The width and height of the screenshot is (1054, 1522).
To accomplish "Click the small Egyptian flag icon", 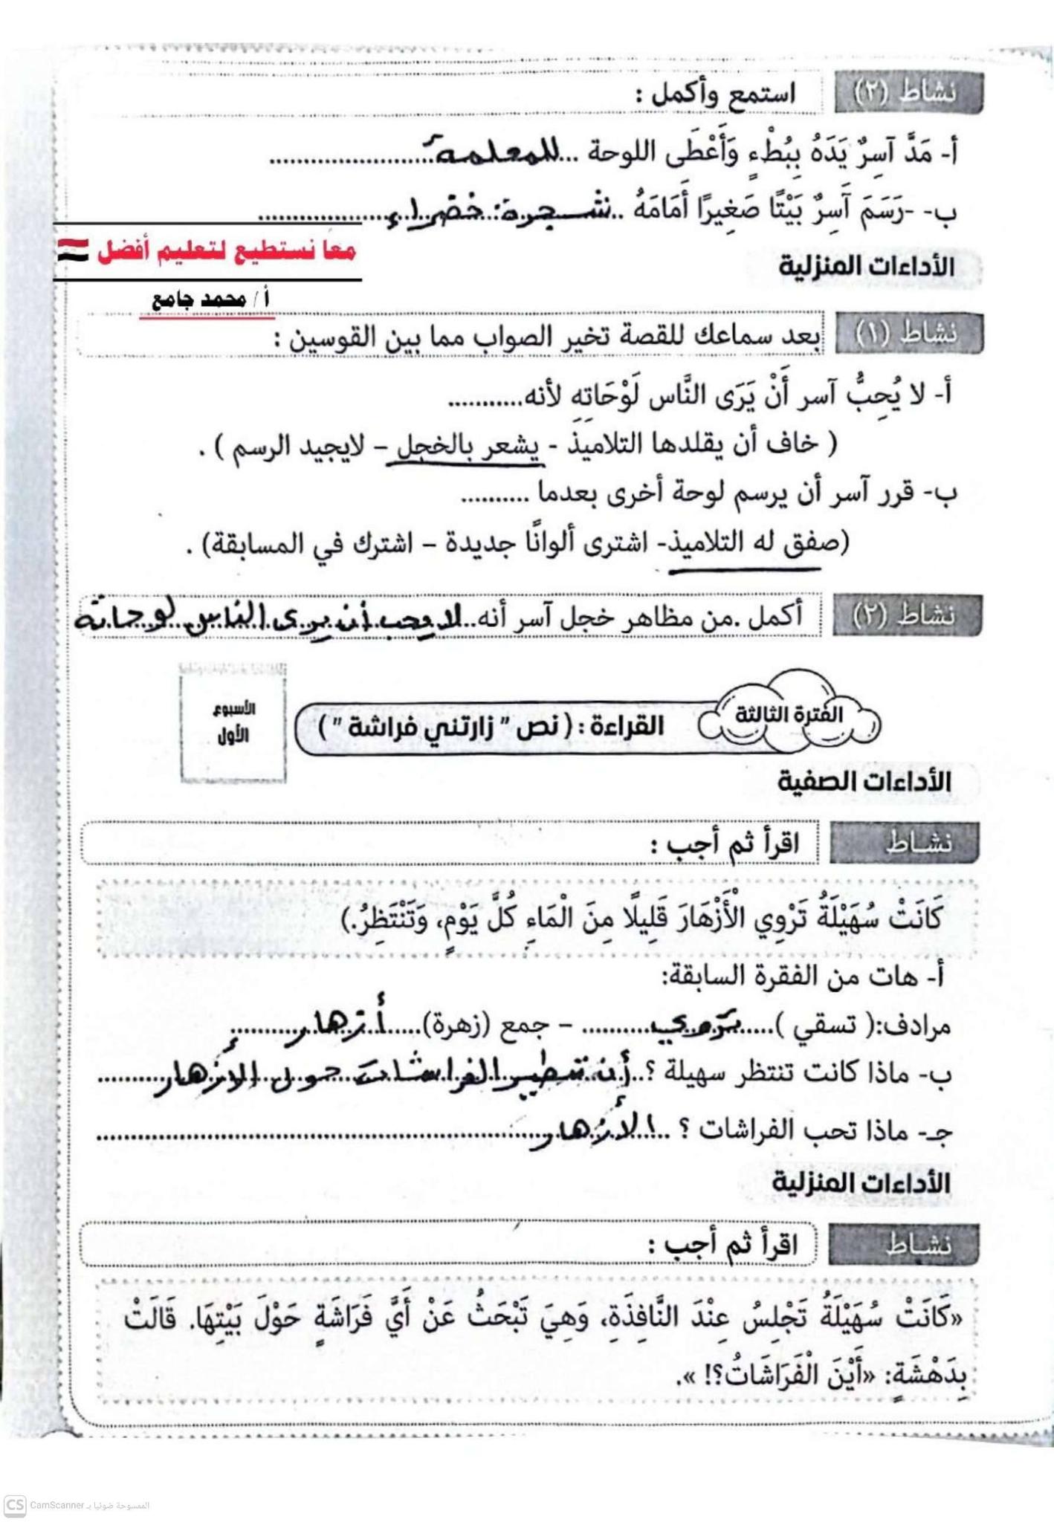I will (x=72, y=250).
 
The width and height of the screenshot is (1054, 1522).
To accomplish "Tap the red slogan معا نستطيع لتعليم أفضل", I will (x=227, y=251).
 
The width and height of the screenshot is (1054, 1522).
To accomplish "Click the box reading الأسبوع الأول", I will (x=233, y=722).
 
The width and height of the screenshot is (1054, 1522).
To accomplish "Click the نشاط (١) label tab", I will (x=908, y=334).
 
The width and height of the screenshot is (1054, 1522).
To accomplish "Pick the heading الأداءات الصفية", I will (x=864, y=782).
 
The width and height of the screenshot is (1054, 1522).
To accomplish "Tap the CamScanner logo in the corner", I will (x=15, y=1505).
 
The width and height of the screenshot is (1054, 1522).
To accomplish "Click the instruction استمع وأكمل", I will (x=715, y=96).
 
